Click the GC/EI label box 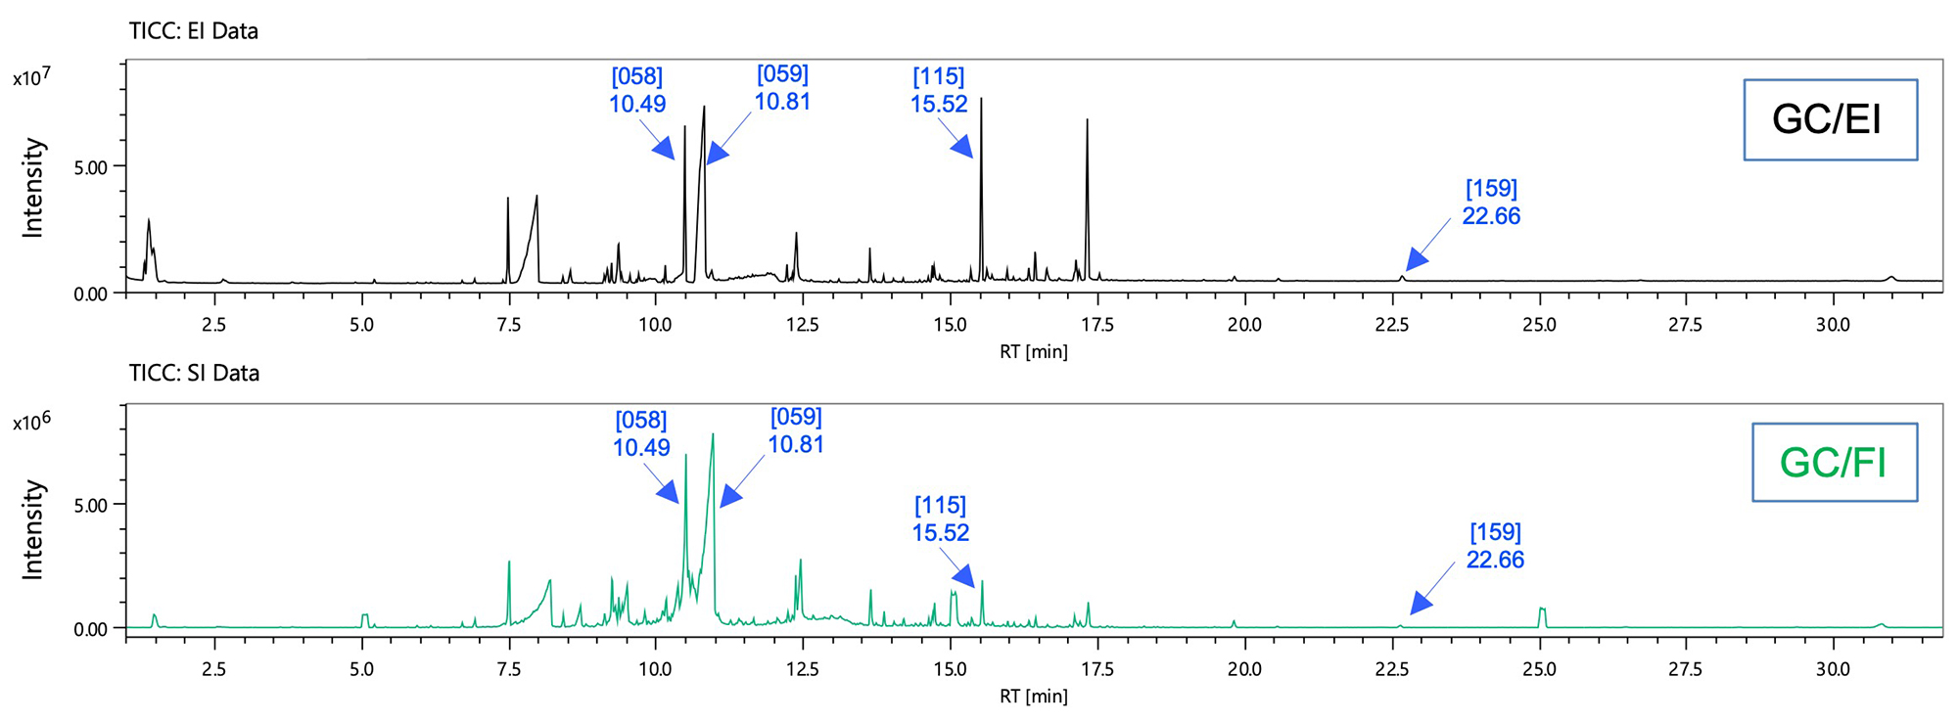tap(1829, 119)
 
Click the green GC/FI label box tap(1833, 462)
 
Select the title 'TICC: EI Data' tap(194, 31)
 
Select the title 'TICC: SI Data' tap(194, 373)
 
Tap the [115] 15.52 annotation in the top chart tap(939, 90)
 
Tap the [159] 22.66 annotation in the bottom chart tap(1495, 546)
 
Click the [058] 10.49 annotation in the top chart tap(637, 90)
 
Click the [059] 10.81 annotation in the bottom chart tap(796, 430)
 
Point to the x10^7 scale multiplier tap(31, 76)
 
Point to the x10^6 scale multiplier tap(31, 421)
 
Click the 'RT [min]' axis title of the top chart tap(1034, 351)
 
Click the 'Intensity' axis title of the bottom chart tap(33, 529)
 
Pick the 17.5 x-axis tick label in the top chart tap(1097, 325)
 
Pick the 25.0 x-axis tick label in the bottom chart tap(1539, 669)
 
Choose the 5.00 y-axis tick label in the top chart tap(91, 167)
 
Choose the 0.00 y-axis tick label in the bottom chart tap(91, 629)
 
